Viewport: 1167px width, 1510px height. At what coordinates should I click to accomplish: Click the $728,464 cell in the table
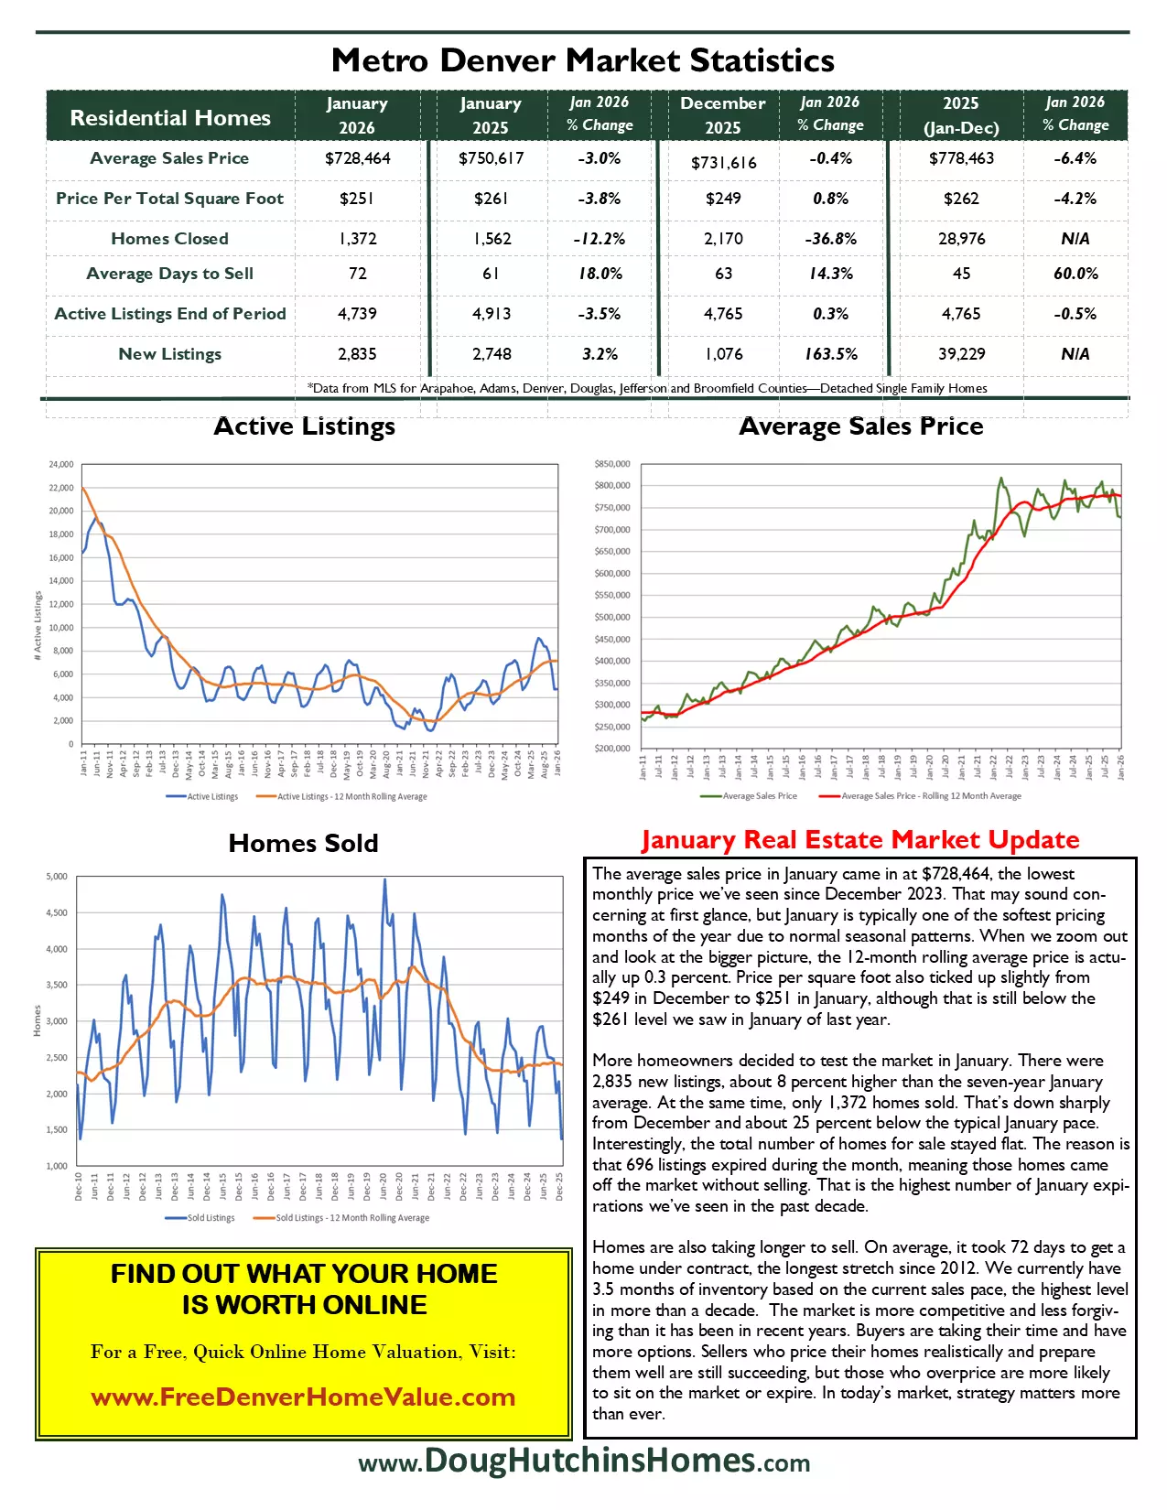coord(357,158)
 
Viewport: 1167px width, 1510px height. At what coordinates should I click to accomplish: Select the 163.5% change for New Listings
coord(830,354)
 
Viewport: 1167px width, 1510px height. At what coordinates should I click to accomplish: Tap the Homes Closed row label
coord(169,239)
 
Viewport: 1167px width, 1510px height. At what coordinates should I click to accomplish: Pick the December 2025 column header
coord(722,115)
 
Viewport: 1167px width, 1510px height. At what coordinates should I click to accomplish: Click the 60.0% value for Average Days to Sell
coord(1075,274)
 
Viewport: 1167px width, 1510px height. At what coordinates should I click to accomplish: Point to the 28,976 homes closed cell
coord(961,239)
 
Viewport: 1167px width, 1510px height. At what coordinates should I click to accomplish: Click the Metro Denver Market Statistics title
coord(583,60)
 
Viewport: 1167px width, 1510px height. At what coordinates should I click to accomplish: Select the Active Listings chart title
coord(304,426)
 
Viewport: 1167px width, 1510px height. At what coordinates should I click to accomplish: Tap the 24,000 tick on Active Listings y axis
coord(60,465)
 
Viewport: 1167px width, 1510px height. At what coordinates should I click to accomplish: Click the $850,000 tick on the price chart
coord(611,464)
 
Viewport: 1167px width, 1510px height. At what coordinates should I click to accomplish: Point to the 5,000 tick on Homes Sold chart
coord(57,877)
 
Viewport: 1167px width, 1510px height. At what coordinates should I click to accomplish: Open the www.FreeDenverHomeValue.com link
coord(303,1397)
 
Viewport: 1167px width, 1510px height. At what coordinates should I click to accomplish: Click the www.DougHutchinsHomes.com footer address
coord(584,1461)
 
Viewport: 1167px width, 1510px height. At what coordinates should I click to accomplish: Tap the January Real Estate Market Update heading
coord(859,840)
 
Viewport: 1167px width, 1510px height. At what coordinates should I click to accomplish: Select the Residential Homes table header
coord(170,118)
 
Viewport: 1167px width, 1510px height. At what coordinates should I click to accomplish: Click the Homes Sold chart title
coord(303,843)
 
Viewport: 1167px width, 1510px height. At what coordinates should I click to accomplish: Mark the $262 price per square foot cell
coord(961,199)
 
